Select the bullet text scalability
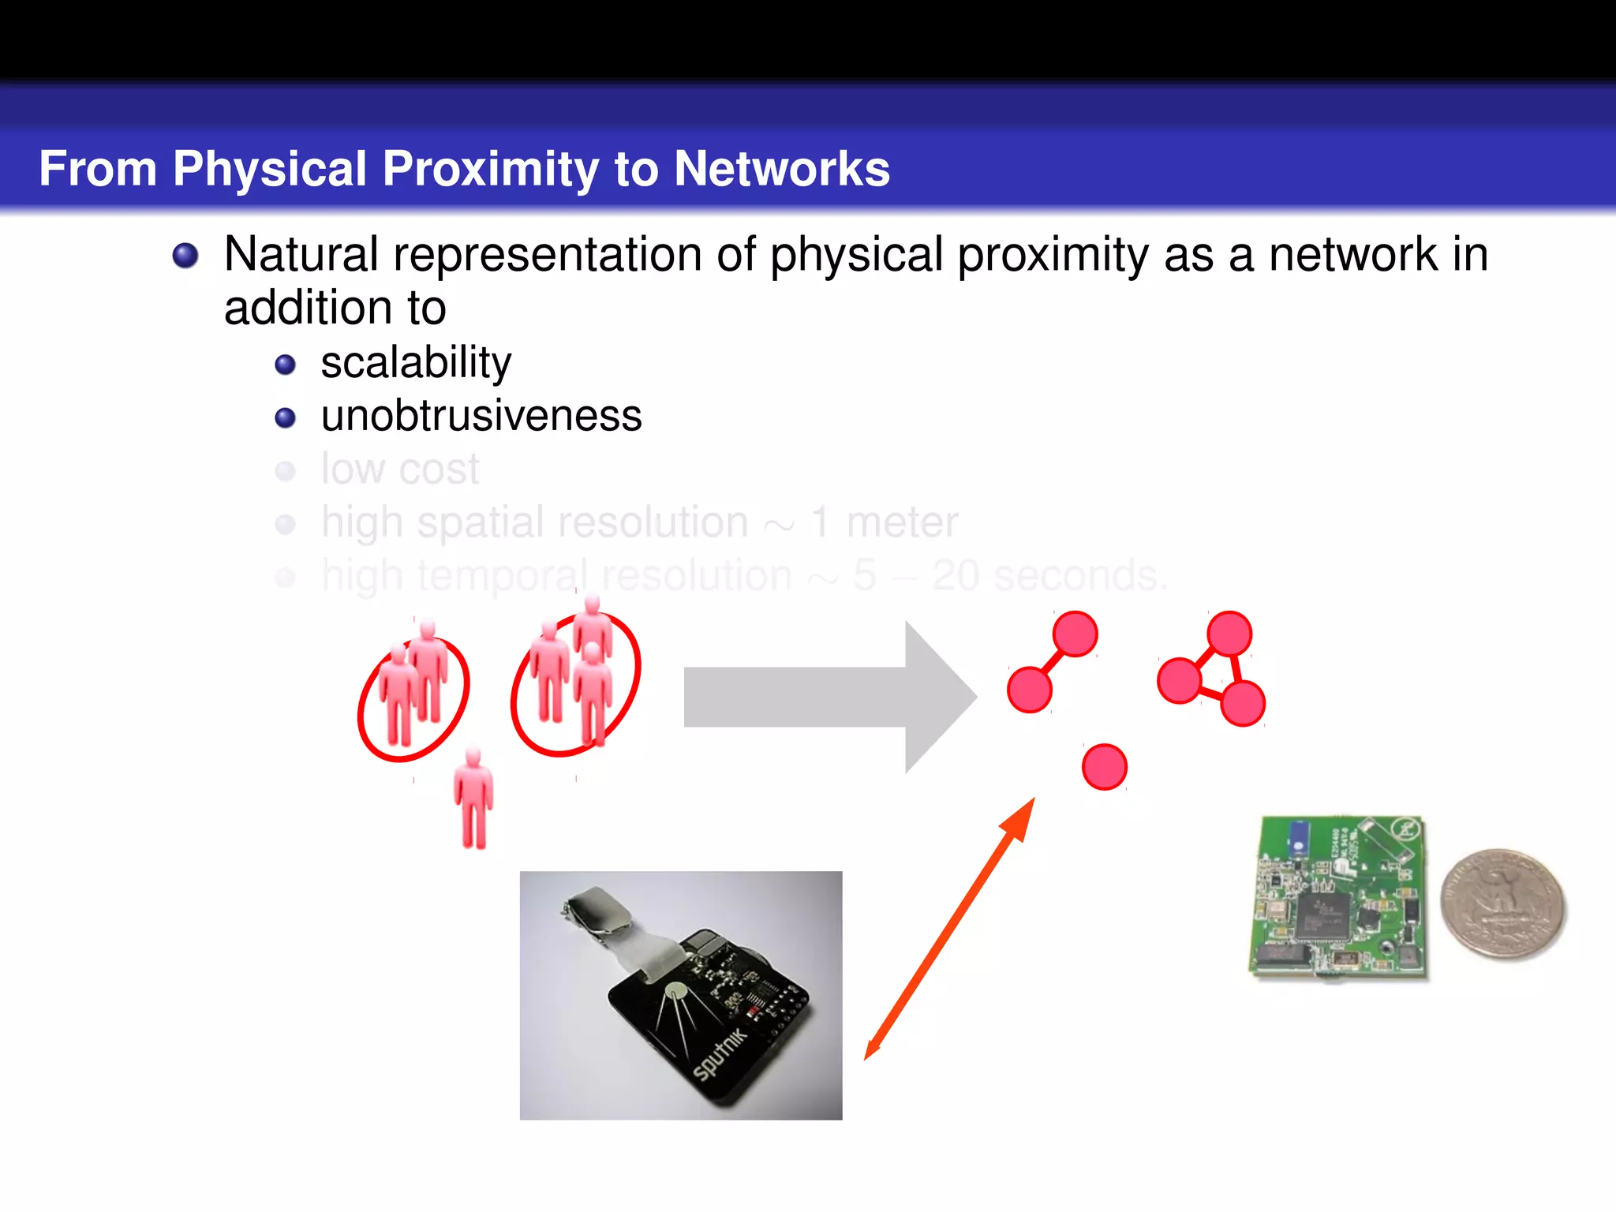pos(416,363)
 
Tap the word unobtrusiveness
pos(481,416)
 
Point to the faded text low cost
pos(400,469)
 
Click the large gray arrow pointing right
pos(829,697)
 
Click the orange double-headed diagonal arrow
pos(949,929)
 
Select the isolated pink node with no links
pos(1104,766)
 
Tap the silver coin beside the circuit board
pos(1502,904)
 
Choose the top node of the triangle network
pos(1229,633)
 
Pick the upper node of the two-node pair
pos(1075,633)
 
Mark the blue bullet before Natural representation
pos(185,256)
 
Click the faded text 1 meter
pos(885,522)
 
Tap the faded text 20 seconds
pos(1048,575)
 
